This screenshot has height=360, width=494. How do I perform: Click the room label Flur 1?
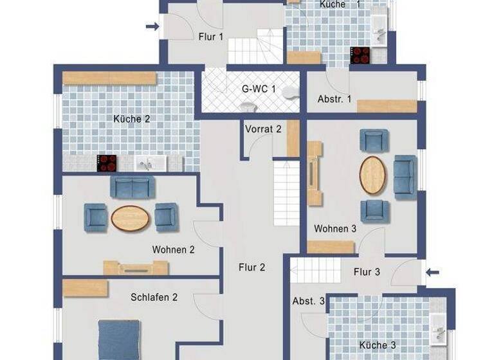tap(211, 37)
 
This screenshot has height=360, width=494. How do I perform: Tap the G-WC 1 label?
tap(259, 89)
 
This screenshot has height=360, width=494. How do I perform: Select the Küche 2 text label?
tap(132, 119)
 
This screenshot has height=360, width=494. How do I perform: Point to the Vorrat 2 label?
tap(263, 129)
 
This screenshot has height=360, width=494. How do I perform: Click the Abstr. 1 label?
tap(334, 99)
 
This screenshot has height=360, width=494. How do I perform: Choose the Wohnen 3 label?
tap(335, 228)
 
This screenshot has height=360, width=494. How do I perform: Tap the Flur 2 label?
tap(252, 267)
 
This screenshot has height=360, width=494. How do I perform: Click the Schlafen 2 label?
tap(154, 297)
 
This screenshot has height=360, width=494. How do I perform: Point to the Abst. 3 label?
tap(309, 301)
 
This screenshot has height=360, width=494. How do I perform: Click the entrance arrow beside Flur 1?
tap(152, 26)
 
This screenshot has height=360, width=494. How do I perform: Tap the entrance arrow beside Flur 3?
tap(433, 273)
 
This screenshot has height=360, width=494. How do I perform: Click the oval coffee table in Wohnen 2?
tap(131, 217)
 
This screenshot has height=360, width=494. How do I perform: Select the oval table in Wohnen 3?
tap(372, 174)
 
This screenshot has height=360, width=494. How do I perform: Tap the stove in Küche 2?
tap(107, 163)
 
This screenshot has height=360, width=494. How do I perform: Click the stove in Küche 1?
tap(360, 55)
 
